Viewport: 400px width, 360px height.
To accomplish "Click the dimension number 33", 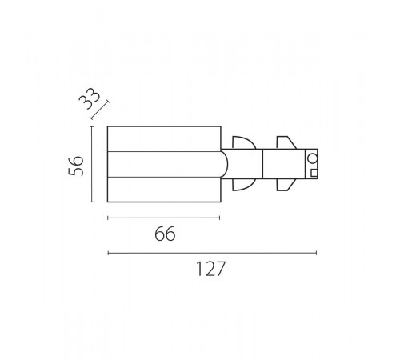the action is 90,98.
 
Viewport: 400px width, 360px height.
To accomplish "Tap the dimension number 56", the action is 76,166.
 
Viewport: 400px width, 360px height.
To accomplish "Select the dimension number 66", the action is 165,234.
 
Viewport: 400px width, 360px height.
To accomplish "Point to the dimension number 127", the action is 210,269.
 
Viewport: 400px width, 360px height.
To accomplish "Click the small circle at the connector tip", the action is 312,158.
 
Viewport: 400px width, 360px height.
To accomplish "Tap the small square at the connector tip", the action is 314,173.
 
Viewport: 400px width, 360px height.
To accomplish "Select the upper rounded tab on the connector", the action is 244,142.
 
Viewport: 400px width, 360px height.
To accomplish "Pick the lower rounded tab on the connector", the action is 244,185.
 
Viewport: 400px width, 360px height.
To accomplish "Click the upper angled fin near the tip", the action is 286,142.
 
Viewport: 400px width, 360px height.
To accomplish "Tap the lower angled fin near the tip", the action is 286,185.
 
